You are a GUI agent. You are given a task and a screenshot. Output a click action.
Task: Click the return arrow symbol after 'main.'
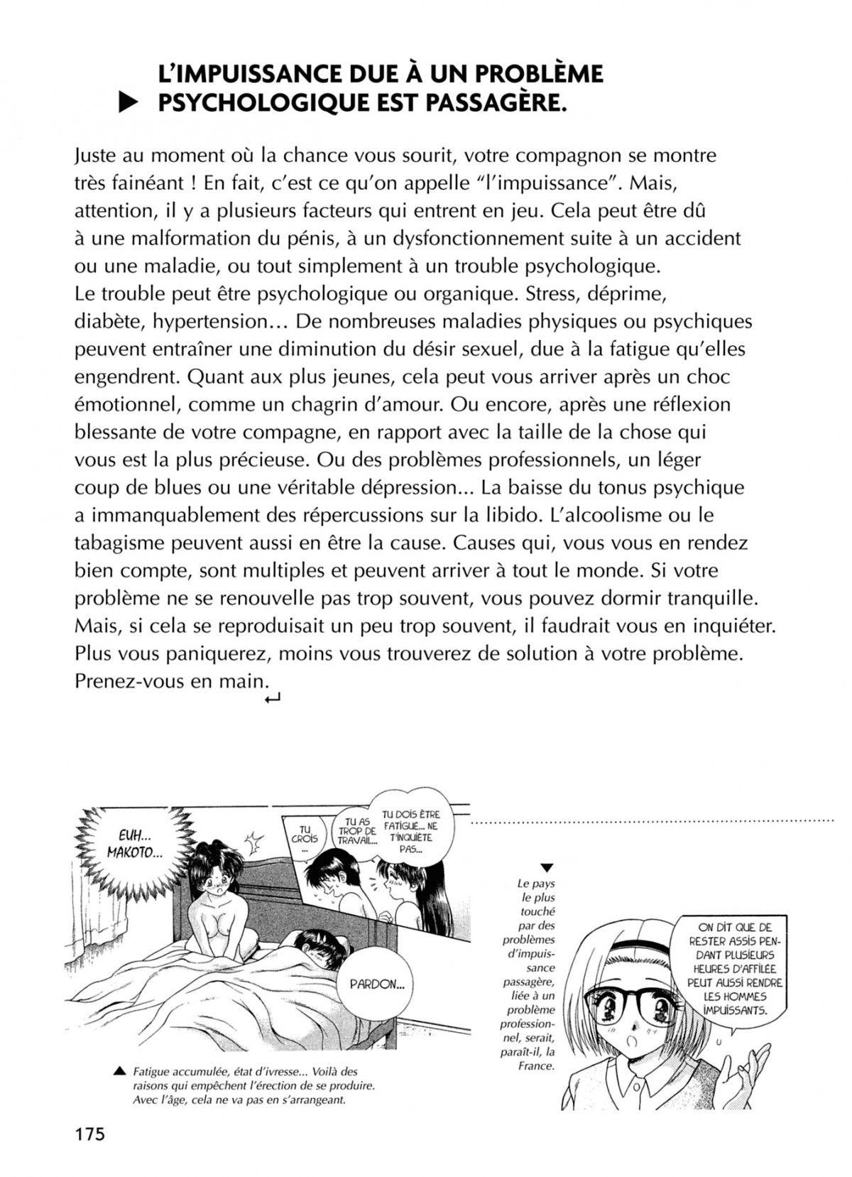(x=272, y=700)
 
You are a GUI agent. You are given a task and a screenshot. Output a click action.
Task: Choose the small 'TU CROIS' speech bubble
(x=305, y=838)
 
